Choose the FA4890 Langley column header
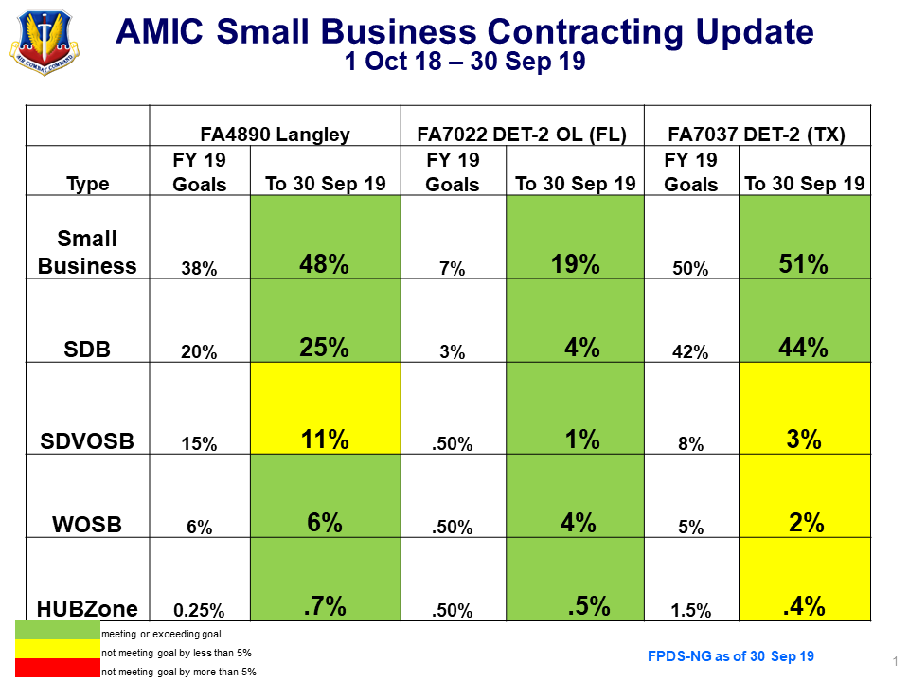tap(275, 135)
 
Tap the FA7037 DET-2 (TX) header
tap(757, 135)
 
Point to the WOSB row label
tap(87, 524)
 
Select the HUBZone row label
tap(87, 609)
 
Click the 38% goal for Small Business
tap(200, 269)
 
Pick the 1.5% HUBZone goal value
tap(691, 611)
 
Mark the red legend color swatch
tap(57, 670)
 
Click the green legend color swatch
tap(57, 631)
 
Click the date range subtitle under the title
tap(464, 63)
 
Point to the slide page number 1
tap(895, 660)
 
